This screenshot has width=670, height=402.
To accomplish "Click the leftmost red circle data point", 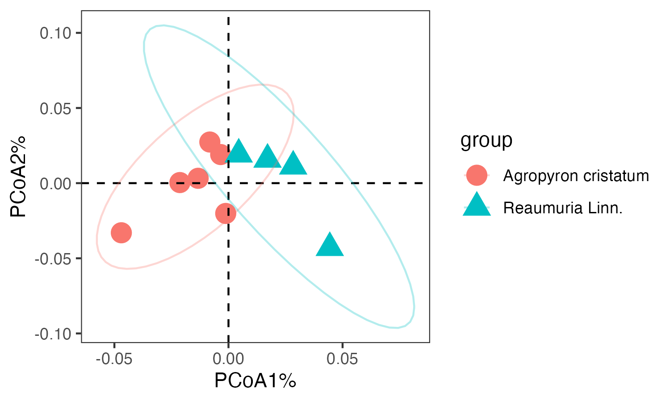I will coord(121,233).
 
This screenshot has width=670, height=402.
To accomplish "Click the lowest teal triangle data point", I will coord(330,245).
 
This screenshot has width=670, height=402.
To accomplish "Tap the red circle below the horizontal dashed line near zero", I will coord(226,213).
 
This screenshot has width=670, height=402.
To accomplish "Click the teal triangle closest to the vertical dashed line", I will coord(239,151).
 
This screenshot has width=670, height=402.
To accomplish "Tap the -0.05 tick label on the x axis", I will coord(114,359).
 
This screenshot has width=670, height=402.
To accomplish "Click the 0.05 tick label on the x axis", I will coord(342,359).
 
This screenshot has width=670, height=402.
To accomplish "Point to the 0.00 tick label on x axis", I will coord(228,359).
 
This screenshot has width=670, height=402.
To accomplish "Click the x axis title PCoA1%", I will coord(255,381).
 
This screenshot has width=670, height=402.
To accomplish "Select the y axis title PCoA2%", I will coord(19,176).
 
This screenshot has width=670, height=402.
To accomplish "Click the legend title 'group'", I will coord(486,140).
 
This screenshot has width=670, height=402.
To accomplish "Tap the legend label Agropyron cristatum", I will coord(576,176).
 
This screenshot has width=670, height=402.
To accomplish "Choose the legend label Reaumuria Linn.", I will coord(563,208).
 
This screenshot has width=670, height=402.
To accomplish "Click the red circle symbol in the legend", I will coord(477,175).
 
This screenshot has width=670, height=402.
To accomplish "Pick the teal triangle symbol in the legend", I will coord(477,205).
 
